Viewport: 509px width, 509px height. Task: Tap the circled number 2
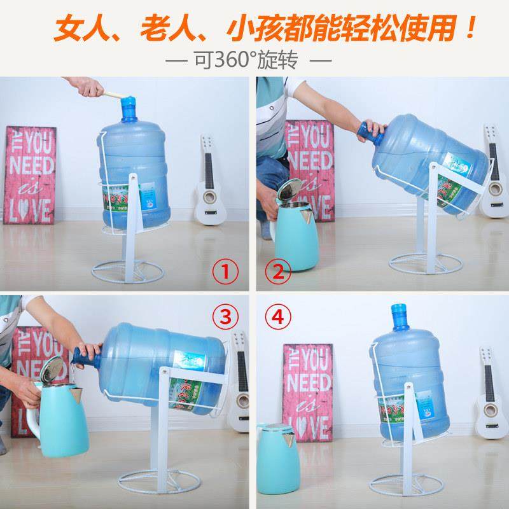[278, 273]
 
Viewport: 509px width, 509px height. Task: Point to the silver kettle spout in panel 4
[290, 437]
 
